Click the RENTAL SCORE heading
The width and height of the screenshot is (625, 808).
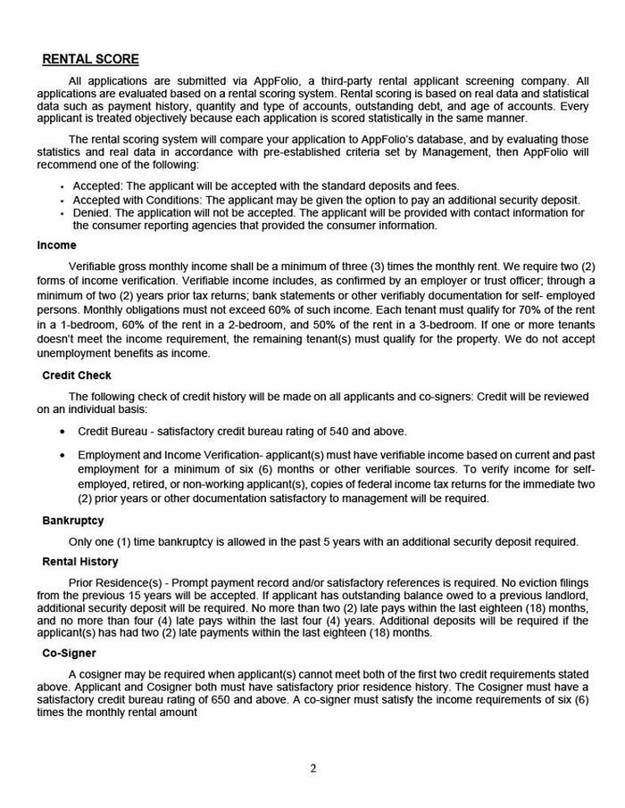coord(91,60)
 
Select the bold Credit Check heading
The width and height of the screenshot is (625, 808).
coord(77,375)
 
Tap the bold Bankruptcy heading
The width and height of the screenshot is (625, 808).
coord(73,521)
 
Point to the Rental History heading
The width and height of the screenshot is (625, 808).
coord(80,562)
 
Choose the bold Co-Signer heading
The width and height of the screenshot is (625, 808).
coord(69,654)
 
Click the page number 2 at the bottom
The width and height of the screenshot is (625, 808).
coord(313,768)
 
